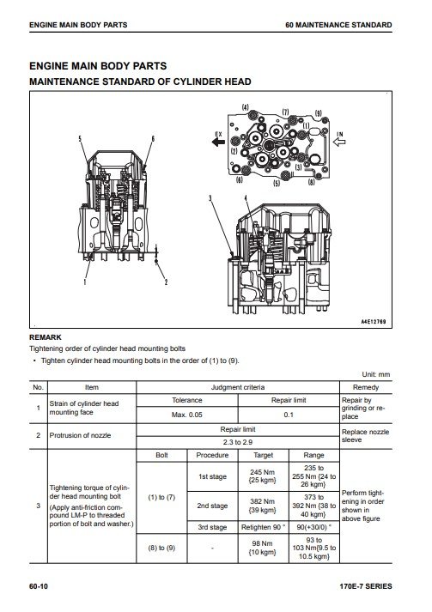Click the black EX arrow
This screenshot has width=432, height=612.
click(x=218, y=142)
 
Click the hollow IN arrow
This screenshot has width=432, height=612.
click(x=339, y=142)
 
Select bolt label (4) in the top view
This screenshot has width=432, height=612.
click(x=245, y=107)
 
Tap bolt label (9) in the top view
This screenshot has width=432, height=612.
click(x=319, y=113)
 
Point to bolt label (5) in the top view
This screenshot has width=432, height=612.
click(x=277, y=183)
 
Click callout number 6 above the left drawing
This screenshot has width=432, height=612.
click(x=153, y=138)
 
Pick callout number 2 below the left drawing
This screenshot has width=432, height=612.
click(x=166, y=282)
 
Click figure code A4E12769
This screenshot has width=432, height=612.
click(x=374, y=322)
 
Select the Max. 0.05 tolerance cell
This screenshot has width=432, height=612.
click(x=187, y=415)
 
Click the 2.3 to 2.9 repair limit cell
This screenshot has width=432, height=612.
click(x=238, y=442)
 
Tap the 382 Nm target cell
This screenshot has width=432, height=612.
click(x=264, y=506)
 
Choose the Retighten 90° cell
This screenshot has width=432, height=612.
click(x=264, y=527)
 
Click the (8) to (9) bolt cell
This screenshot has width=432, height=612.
click(x=161, y=548)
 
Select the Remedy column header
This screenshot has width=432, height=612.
click(x=366, y=387)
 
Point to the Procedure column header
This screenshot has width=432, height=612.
click(x=212, y=455)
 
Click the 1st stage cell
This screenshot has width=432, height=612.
click(x=212, y=476)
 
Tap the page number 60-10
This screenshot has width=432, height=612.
click(x=39, y=586)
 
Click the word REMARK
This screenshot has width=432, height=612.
click(x=46, y=337)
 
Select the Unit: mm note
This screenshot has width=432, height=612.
click(x=376, y=374)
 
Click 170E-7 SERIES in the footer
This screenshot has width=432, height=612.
click(x=366, y=586)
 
